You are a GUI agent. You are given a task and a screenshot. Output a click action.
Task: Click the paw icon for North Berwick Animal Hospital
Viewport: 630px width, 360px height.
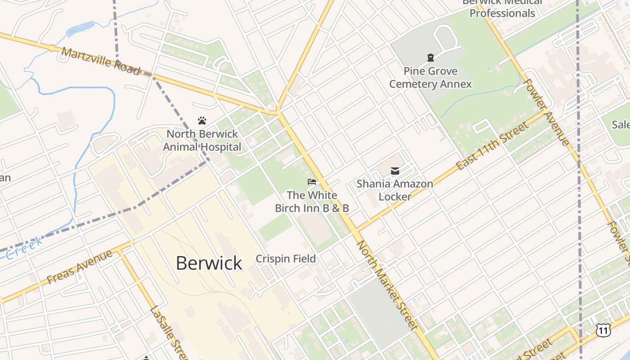click(202, 121)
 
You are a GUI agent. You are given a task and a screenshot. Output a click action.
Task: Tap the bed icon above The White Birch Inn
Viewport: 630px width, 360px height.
click(312, 182)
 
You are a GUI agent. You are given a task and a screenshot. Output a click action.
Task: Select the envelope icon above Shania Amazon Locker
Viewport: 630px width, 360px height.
click(395, 171)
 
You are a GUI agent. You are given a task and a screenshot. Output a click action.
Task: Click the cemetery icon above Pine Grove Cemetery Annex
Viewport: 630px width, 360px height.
click(431, 58)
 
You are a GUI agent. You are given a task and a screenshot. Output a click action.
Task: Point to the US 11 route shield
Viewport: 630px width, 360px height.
click(603, 330)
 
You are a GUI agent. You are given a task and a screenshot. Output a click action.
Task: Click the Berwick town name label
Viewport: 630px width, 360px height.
click(209, 263)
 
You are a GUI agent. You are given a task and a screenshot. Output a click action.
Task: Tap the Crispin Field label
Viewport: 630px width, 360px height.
click(286, 259)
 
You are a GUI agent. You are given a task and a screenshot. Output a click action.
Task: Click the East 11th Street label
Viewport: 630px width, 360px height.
click(493, 146)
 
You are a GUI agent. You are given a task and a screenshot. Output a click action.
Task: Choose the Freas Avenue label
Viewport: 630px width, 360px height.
click(80, 266)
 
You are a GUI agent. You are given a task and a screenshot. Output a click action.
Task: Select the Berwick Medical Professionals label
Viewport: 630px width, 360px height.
click(502, 8)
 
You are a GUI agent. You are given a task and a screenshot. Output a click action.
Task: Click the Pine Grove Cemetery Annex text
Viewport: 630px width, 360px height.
click(430, 77)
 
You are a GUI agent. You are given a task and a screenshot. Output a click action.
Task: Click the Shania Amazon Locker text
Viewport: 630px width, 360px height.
click(395, 190)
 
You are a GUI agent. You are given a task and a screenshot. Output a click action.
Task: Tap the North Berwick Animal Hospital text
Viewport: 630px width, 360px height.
click(202, 140)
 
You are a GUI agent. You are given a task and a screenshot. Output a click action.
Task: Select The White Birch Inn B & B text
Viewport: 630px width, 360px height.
click(312, 202)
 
